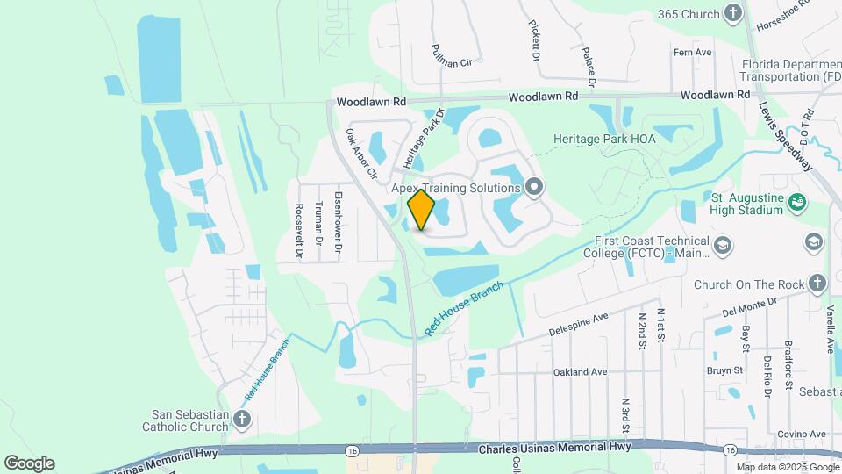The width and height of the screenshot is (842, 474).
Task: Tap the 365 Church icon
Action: tap(734, 13)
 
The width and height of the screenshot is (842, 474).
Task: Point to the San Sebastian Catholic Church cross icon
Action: tap(242, 420)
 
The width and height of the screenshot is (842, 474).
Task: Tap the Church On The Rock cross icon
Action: tap(817, 283)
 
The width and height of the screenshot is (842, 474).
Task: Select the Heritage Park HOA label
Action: tap(605, 139)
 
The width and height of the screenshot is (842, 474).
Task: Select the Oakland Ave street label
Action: tap(580, 372)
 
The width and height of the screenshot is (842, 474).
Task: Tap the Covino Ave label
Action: tap(805, 434)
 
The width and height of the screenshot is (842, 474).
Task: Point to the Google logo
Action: tap(29, 463)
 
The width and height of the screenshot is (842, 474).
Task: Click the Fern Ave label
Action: tap(692, 53)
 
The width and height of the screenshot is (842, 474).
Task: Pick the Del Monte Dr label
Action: tap(750, 305)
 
